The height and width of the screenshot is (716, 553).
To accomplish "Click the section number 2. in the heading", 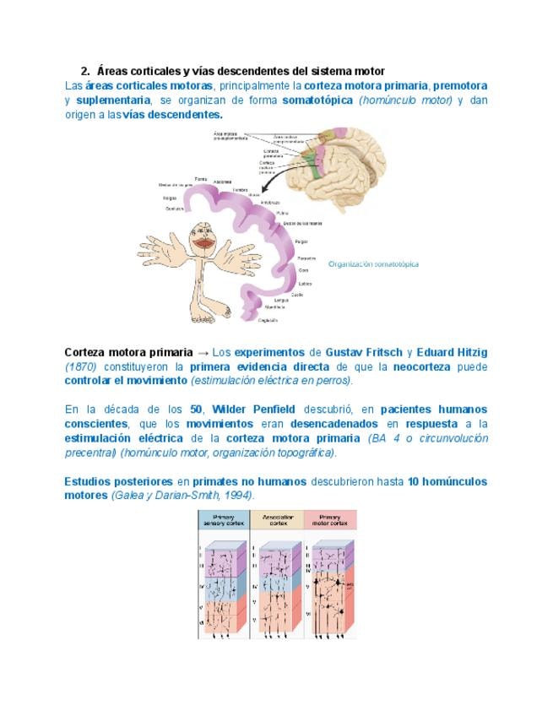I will pos(85,71).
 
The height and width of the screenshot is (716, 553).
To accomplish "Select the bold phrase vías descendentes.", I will pos(173,114).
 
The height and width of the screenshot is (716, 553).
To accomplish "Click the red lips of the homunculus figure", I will pos(203,242).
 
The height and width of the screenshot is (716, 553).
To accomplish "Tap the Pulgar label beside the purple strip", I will pos(301,241).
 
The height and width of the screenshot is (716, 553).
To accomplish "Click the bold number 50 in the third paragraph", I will pos(198,410).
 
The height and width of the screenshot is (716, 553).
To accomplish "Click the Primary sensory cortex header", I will pos(224,519).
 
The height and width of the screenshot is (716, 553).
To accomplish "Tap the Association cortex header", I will pos(276,519).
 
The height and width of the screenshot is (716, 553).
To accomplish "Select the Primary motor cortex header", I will pos(329,519).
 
